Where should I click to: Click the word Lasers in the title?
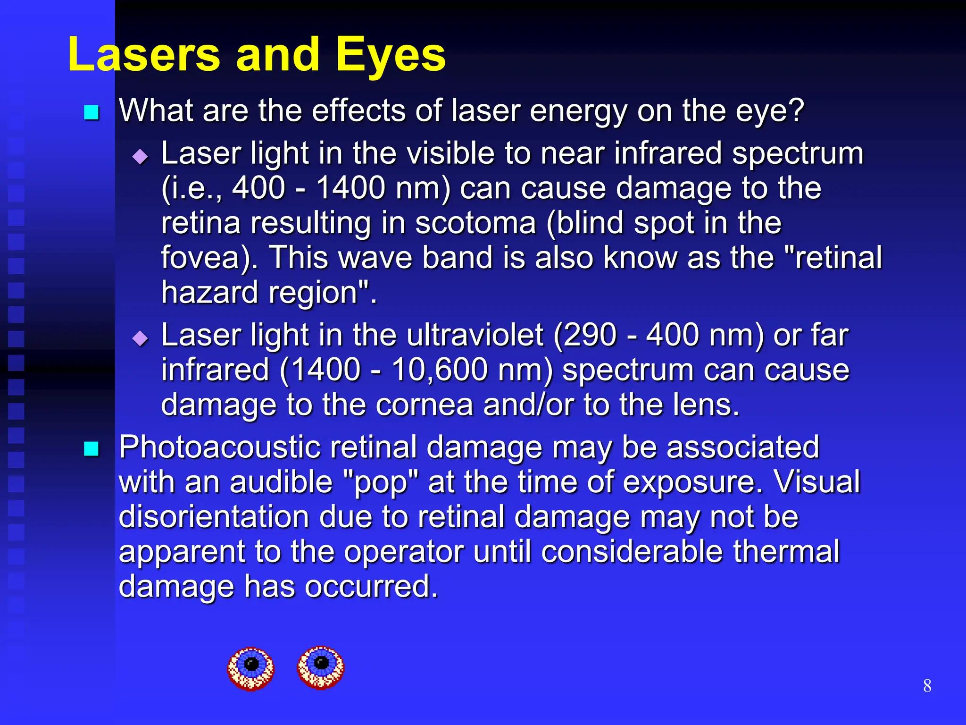pos(144,55)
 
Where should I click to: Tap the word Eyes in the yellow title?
pos(391,55)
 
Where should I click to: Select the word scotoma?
pos(475,223)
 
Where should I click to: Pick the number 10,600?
pos(439,370)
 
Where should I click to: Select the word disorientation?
pos(213,517)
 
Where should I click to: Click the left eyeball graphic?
pos(251,668)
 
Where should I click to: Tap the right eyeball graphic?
pos(321,667)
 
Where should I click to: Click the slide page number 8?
pos(927,686)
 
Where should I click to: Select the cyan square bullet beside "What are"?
pos(92,112)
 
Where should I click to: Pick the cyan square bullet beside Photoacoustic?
pos(92,449)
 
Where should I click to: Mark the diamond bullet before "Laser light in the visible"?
pos(141,156)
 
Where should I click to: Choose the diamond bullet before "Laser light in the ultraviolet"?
pos(141,338)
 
